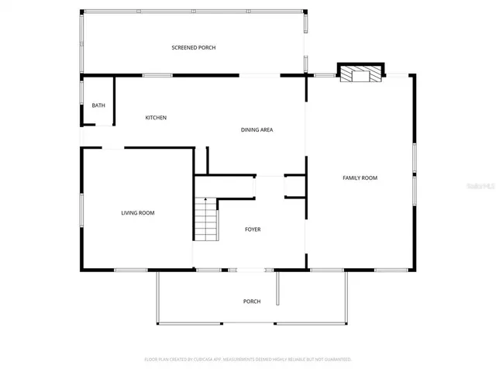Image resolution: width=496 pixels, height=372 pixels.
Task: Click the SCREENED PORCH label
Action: [x=193, y=48]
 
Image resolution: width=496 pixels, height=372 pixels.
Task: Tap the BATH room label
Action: [x=98, y=105]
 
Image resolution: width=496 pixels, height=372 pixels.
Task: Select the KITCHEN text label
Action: [x=156, y=118]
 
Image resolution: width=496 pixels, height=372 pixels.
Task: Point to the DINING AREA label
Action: [x=257, y=130]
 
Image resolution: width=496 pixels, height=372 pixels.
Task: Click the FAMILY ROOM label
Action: [x=360, y=178]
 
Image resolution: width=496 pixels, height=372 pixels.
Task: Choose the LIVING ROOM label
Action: [x=137, y=213]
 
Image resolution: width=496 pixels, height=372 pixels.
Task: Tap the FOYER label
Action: [x=253, y=229]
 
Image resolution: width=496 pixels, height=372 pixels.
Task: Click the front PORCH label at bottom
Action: [x=251, y=301]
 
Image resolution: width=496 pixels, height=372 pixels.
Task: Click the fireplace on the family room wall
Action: [x=360, y=74]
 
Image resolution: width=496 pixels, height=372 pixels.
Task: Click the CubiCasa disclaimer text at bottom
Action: [x=248, y=360]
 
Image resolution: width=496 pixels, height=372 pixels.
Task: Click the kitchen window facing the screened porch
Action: [x=157, y=75]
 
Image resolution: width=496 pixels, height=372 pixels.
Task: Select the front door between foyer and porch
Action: [x=250, y=270]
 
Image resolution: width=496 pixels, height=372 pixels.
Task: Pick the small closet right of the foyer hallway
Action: [x=295, y=187]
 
